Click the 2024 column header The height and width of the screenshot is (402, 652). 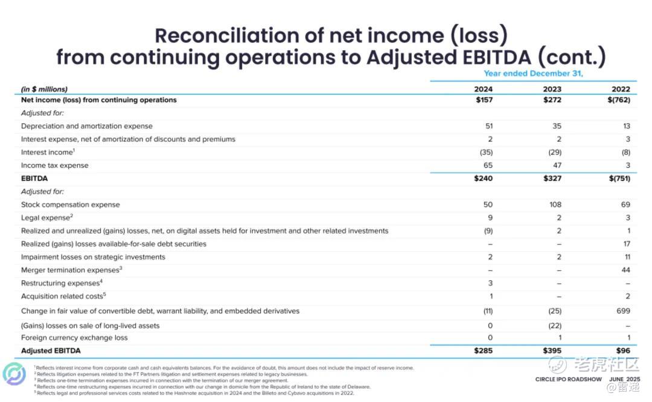(x=483, y=89)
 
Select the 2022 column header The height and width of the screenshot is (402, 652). (x=621, y=89)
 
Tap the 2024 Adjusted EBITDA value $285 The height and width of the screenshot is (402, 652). (x=483, y=351)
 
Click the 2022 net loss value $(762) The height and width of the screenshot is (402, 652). (x=619, y=100)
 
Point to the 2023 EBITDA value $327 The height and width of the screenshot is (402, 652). (x=552, y=178)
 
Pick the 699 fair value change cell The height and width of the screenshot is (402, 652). (x=623, y=311)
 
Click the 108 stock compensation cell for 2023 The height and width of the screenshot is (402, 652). (x=555, y=205)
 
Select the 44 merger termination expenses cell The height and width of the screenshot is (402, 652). (x=626, y=270)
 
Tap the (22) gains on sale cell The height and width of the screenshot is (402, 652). (x=555, y=325)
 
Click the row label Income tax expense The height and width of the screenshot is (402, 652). (x=54, y=165)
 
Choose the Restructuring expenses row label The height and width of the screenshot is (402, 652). (x=62, y=282)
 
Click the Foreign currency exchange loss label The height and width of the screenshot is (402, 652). (x=74, y=337)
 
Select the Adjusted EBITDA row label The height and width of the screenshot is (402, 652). (x=51, y=351)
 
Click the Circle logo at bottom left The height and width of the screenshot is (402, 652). (x=14, y=374)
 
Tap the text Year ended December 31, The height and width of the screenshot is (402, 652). (x=533, y=73)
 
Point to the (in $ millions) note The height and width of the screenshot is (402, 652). (x=44, y=89)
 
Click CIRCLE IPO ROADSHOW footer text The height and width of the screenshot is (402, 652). (x=569, y=379)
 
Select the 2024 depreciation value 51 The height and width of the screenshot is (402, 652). (x=488, y=126)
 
